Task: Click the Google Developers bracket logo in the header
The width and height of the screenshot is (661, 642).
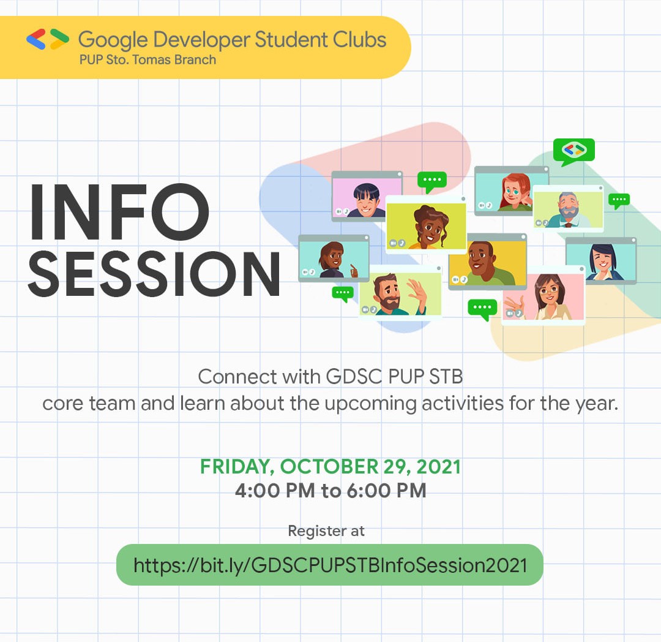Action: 48,39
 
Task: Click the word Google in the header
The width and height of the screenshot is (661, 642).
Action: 113,40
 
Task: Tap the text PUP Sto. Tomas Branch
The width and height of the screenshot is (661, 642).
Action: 148,60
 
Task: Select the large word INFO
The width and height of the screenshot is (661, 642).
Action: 119,212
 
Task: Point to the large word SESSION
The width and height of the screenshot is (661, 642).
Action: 154,274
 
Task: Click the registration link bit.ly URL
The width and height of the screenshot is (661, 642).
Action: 330,565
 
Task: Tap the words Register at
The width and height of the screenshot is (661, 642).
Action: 326,531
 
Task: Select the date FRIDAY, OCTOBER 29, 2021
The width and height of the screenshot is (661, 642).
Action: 330,467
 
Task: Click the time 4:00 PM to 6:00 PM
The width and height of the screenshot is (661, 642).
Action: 330,491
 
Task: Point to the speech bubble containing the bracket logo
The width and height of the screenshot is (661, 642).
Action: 573,151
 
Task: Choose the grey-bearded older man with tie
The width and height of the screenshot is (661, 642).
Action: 569,210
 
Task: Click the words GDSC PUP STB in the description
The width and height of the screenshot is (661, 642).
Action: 395,377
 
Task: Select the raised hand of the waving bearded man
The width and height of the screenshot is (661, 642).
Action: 417,290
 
